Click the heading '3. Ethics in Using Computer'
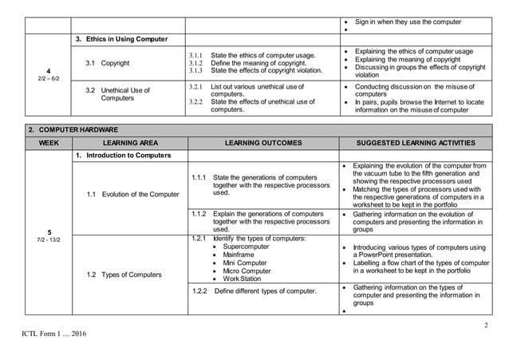tap(121, 39)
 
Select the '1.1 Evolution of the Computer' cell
tap(133, 194)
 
